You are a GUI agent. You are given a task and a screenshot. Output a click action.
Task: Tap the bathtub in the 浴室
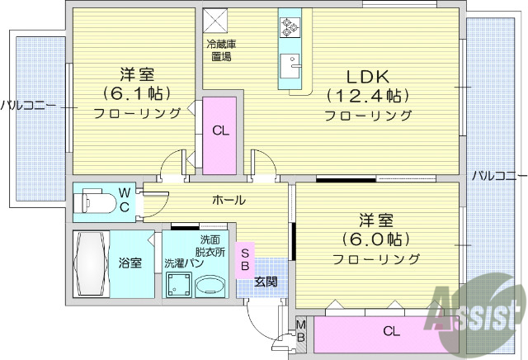(x=91, y=263)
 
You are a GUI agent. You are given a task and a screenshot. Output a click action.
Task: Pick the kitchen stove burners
(x=290, y=27)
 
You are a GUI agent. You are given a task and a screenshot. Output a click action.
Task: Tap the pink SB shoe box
(x=245, y=259)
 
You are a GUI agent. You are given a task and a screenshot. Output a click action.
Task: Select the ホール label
(x=229, y=200)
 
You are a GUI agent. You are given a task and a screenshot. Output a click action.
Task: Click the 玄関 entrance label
(x=266, y=282)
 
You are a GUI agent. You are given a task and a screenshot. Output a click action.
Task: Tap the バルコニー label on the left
(x=27, y=105)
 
